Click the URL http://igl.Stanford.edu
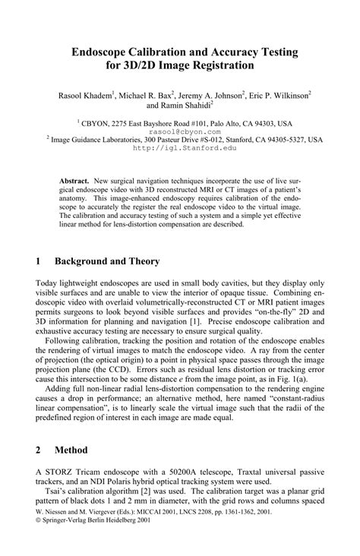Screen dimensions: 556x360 [x=180, y=148]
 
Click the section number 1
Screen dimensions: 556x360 [x=39, y=261]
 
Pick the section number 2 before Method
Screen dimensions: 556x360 [x=39, y=450]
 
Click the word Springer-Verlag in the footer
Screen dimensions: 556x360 [x=68, y=542]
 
